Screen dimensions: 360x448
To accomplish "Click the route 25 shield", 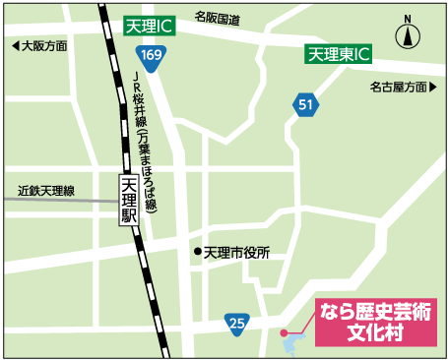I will tap(236, 322).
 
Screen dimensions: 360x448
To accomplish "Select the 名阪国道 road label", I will tap(218, 17).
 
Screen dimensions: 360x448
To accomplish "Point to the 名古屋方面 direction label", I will tap(400, 88).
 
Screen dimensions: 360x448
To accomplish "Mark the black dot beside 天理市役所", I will tap(197, 253).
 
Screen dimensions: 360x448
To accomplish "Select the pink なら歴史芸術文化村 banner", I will tap(375, 322).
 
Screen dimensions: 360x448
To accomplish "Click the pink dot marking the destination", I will tap(285, 333).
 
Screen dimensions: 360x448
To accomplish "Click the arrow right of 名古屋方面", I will tap(434, 88).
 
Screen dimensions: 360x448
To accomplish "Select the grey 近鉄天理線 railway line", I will tap(59, 201).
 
